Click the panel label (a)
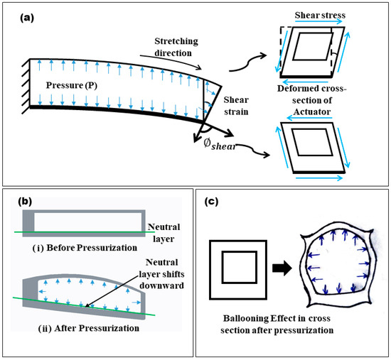coord(27,18)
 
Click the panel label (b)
coord(25,202)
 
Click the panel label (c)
coord(211,202)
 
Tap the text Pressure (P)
coord(72,85)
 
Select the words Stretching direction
coord(176,47)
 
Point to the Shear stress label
coord(320,15)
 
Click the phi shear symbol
coord(220,145)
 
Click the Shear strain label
coord(236,106)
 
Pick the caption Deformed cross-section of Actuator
coord(311,100)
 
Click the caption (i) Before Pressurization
coord(85,248)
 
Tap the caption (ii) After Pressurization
coord(89,328)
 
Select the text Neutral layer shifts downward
coord(161,274)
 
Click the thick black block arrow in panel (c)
coord(282,268)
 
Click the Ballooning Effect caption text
coord(277,324)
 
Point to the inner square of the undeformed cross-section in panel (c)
coord(239,267)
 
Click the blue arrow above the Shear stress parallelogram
coord(318,22)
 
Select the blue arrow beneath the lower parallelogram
coord(319,178)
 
